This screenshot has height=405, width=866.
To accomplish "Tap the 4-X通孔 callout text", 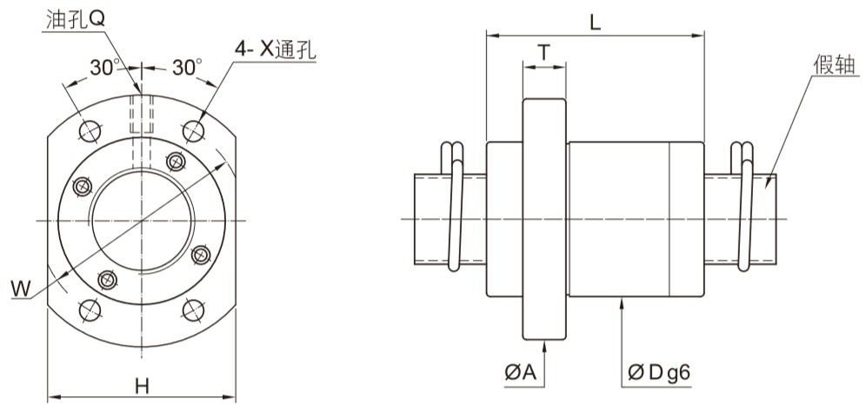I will click(x=274, y=50).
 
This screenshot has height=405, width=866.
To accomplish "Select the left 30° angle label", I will click(x=103, y=67).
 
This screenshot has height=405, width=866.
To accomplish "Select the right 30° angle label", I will click(x=186, y=67).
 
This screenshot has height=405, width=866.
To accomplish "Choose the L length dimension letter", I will click(x=595, y=23).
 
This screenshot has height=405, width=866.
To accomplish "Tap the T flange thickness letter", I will click(x=543, y=52).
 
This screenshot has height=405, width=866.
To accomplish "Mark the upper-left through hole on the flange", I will click(x=89, y=130).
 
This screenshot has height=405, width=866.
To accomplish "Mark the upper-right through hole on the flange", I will click(x=193, y=130).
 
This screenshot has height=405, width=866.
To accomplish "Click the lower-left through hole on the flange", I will click(x=89, y=309).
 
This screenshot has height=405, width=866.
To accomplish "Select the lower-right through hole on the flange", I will click(x=193, y=309).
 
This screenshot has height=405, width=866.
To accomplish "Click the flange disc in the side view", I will click(x=544, y=219).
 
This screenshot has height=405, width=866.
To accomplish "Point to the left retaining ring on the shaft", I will click(x=456, y=209).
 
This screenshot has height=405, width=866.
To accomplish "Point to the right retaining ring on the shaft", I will click(x=744, y=209).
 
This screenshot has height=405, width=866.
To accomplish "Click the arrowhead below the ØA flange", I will click(x=544, y=346).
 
